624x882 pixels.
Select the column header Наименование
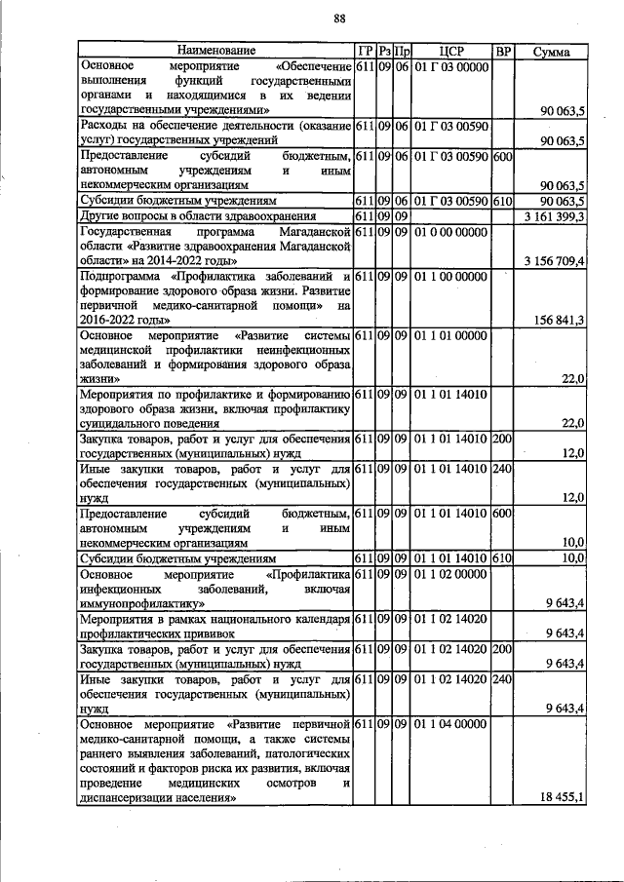[x=216, y=51]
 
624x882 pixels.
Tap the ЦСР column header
[x=451, y=51]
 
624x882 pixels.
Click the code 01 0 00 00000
[x=451, y=232]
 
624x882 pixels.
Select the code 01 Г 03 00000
[x=451, y=66]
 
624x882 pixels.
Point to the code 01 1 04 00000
[x=451, y=724]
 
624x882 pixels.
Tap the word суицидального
[x=124, y=424]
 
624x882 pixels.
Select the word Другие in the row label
[x=100, y=215]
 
